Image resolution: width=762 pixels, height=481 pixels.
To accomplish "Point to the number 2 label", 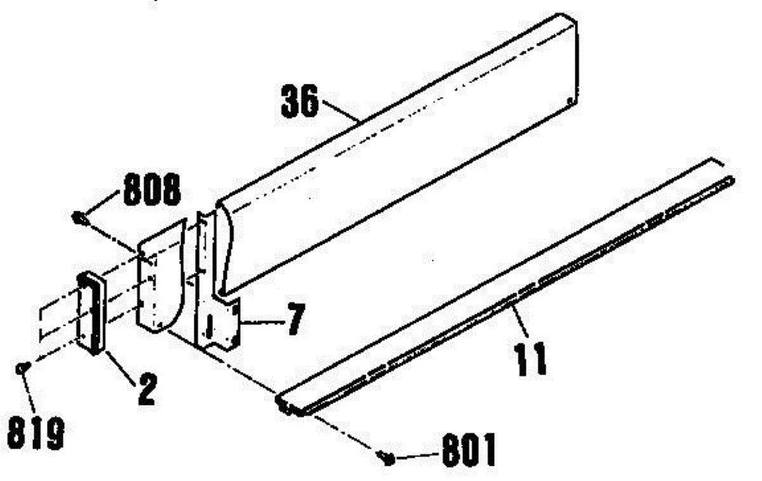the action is (x=145, y=390).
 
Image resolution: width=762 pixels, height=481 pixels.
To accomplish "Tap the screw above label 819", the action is (x=23, y=366).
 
